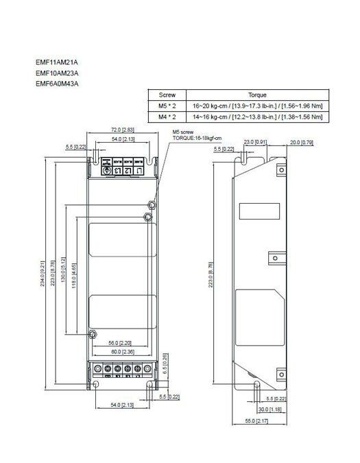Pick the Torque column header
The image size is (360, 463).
pos(256,95)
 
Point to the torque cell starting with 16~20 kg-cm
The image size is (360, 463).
pos(256,106)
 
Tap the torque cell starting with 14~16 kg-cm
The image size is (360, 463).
pos(256,117)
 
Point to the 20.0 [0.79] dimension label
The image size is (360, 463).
pos(302,142)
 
